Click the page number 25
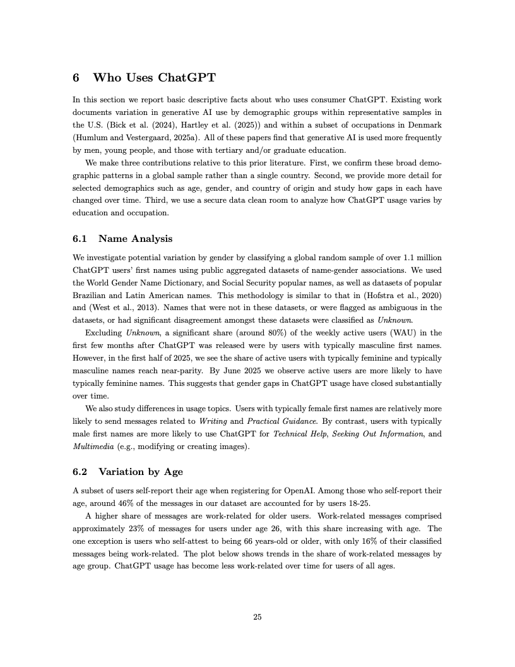pyautogui.click(x=257, y=617)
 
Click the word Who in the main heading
pyautogui.click(x=107, y=78)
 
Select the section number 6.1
pyautogui.click(x=81, y=239)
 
